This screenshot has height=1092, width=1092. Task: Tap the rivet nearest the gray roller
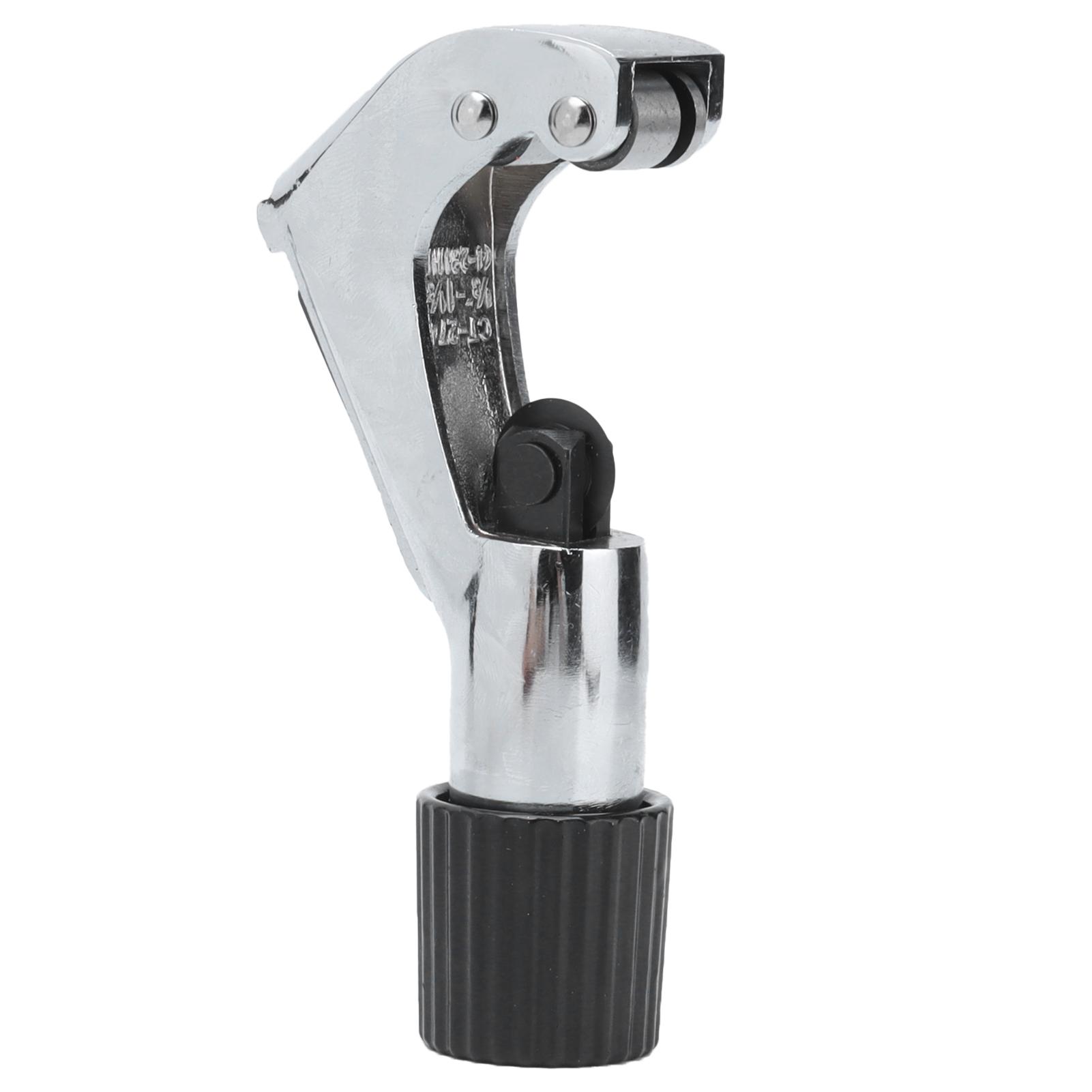coord(572,121)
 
